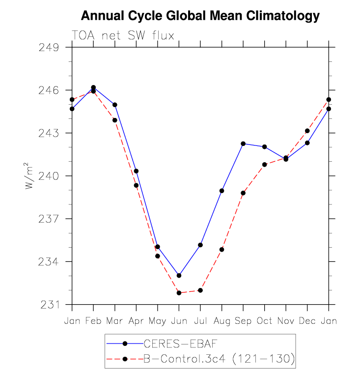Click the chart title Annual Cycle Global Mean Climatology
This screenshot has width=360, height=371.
[x=200, y=16]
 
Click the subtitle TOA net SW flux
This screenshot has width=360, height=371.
[x=123, y=35]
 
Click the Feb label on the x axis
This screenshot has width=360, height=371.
[x=93, y=320]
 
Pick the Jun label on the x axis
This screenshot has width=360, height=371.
[x=179, y=320]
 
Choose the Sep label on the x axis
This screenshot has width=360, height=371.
[x=243, y=320]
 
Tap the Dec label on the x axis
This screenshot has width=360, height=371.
[x=307, y=320]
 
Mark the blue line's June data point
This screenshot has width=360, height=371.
[x=179, y=275]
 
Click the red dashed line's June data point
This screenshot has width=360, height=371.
[x=179, y=293]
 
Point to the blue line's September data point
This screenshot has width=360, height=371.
[x=243, y=143]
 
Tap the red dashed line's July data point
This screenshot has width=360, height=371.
[x=200, y=290]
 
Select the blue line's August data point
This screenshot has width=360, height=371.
[x=222, y=191]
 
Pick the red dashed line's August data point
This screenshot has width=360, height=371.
[x=222, y=250]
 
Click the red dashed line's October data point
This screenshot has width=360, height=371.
[x=265, y=165]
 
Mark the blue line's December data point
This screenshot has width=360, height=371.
[x=307, y=143]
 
